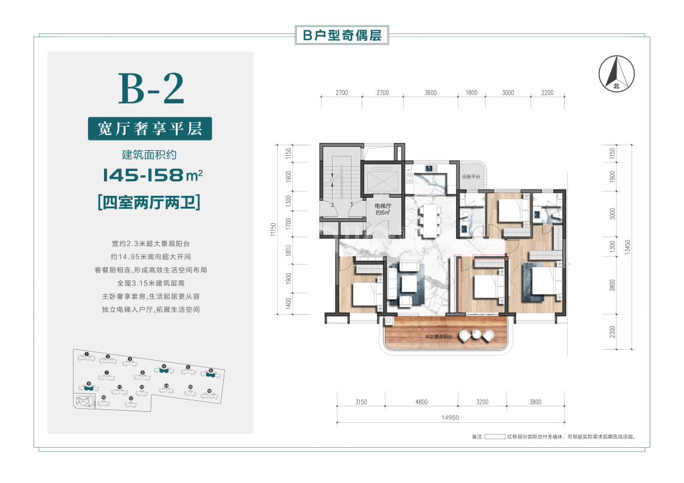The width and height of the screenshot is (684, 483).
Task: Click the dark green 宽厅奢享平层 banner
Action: [150, 128]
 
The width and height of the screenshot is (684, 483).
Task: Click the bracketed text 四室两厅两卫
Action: [149, 201]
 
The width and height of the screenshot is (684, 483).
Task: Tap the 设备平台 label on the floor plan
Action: [471, 177]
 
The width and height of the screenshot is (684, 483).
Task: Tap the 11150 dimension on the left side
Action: [274, 229]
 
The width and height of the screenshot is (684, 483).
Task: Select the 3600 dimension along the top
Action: [430, 92]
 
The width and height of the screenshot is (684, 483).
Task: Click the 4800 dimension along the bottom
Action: [421, 401]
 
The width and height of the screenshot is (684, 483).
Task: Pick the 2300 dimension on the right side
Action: [611, 333]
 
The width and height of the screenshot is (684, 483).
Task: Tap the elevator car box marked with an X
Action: [379, 179]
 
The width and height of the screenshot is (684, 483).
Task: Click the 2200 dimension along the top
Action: [547, 92]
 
